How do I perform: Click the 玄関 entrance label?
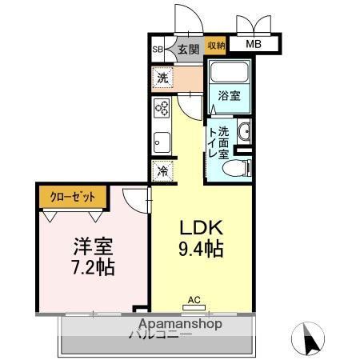click(x=189, y=50)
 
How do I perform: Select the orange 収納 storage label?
click(x=217, y=46)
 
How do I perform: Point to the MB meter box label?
click(x=253, y=46)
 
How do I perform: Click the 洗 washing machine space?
click(x=163, y=78)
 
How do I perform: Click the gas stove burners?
click(x=162, y=109)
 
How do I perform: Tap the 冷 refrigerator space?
click(x=163, y=170)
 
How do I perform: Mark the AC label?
click(x=193, y=301)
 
